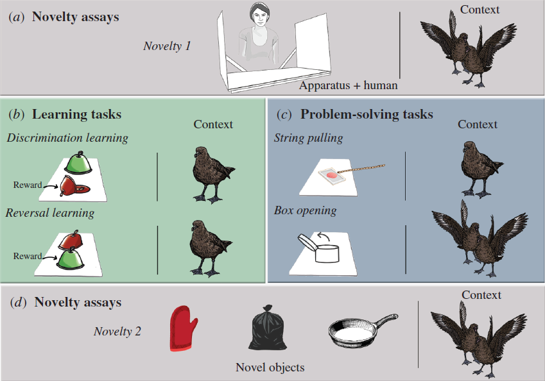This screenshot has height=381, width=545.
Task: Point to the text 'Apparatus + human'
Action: click(x=348, y=85)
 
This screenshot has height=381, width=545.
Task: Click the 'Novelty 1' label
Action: click(x=167, y=46)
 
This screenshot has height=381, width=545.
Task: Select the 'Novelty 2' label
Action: click(x=118, y=331)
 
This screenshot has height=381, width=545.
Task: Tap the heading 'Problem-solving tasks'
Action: click(x=367, y=115)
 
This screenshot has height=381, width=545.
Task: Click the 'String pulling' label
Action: click(x=308, y=138)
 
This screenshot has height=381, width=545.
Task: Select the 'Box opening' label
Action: click(x=305, y=210)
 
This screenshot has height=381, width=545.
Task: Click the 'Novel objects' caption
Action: click(x=270, y=368)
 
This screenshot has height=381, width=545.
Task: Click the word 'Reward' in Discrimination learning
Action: click(x=27, y=185)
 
